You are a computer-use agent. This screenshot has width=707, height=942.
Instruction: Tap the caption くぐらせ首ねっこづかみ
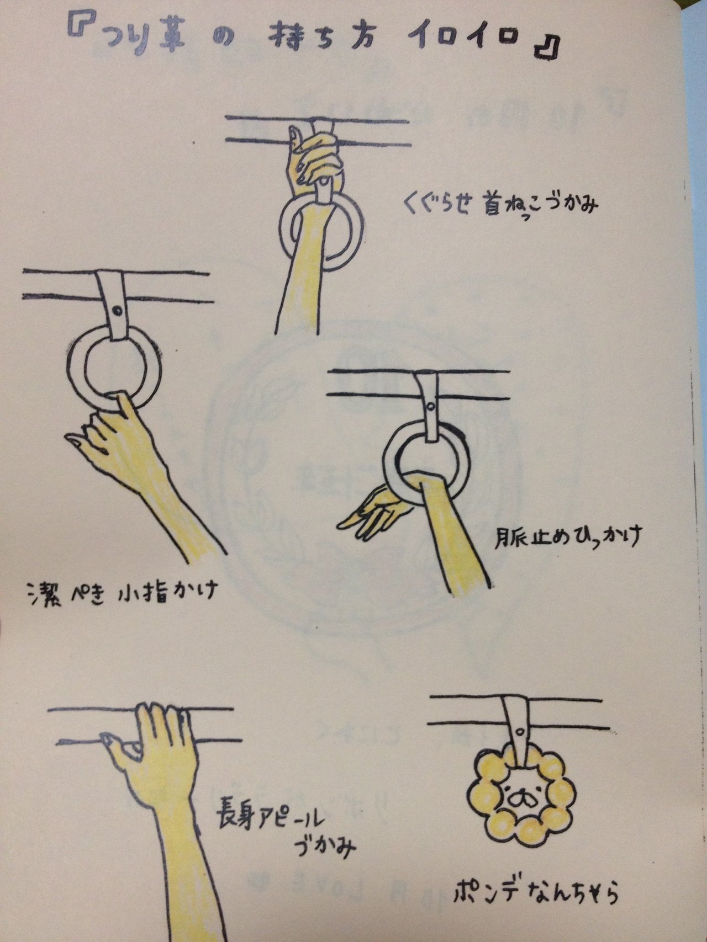pyautogui.click(x=500, y=205)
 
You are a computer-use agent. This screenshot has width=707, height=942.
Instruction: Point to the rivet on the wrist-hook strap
pyautogui.click(x=429, y=409)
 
